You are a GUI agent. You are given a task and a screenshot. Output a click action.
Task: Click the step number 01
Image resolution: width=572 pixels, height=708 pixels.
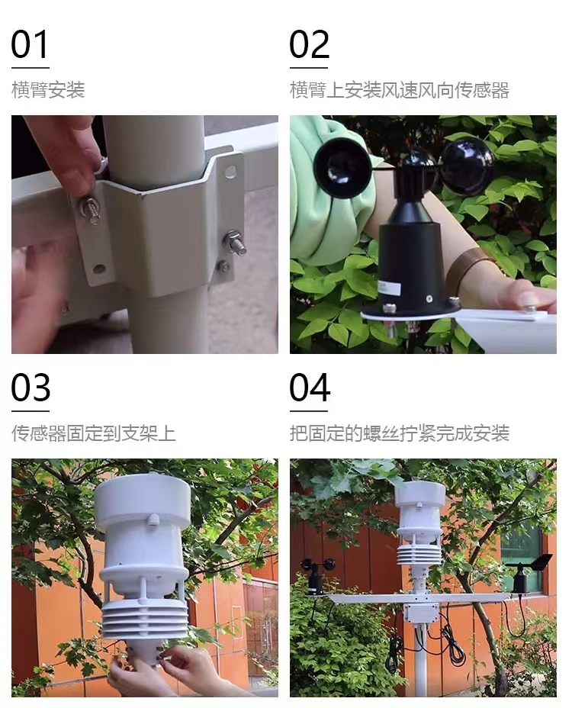(x=30, y=46)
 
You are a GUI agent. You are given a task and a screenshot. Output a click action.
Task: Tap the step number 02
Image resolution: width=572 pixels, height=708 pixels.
(x=309, y=46)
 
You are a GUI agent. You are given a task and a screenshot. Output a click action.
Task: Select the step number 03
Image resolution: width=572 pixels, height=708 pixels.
(x=31, y=388)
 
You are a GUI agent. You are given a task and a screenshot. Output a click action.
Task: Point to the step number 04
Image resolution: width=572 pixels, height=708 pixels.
(x=309, y=388)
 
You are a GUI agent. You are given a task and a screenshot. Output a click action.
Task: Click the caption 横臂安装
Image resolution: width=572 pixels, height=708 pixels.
(x=47, y=90)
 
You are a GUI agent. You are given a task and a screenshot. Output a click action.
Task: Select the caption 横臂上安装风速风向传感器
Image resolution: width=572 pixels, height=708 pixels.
(x=399, y=90)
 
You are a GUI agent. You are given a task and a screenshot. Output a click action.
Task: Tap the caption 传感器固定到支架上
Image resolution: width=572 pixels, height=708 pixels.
(x=93, y=433)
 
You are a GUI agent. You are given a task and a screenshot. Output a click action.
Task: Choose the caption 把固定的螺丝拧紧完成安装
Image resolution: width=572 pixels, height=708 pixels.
(x=399, y=433)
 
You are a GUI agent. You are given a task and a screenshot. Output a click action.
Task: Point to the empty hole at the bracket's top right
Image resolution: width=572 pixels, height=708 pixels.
(x=230, y=171)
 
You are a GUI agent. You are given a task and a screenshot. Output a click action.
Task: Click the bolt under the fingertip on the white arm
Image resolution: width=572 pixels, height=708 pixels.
(x=529, y=309)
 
